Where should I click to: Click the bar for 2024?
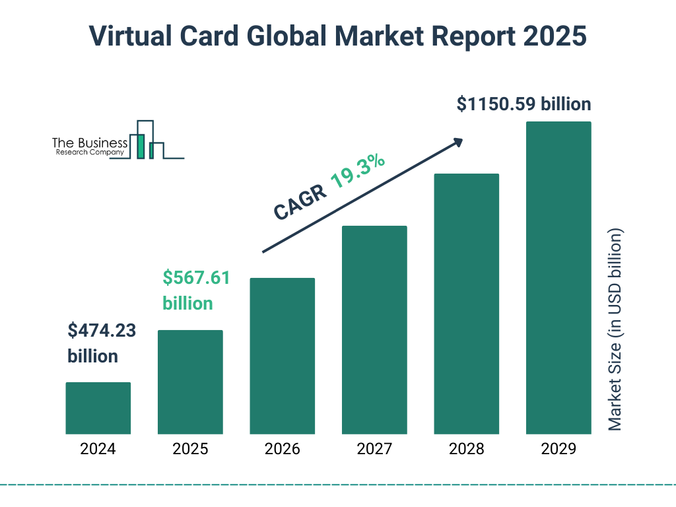98,408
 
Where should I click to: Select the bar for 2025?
190,382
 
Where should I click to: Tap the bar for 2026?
282,356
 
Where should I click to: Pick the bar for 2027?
374,329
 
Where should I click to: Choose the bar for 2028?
466,304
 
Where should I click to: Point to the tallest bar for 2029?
558,277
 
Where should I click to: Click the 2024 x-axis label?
98,450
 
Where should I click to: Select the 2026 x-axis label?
282,450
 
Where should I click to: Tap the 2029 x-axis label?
558,450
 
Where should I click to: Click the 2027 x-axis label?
374,450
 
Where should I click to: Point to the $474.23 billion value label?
102,343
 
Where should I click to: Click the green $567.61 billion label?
196,290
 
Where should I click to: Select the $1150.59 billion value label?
524,104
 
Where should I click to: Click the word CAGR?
298,202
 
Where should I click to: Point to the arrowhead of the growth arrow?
457,142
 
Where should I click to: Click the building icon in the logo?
147,141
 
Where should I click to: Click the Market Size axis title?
615,330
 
